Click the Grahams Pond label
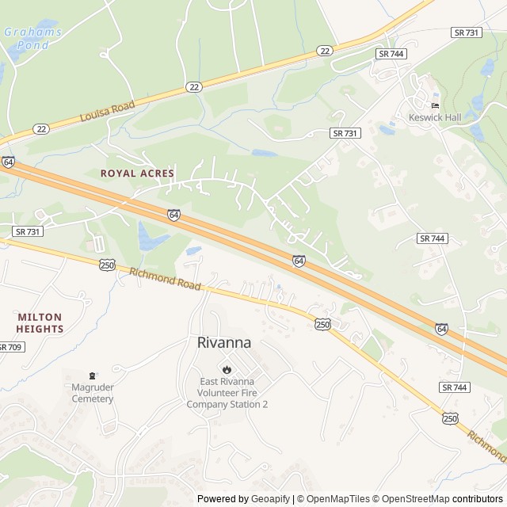point(32,38)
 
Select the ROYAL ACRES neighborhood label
point(137,173)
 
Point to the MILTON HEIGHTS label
point(40,322)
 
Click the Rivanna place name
point(223,343)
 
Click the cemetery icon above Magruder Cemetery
point(93,375)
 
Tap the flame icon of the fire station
point(227,368)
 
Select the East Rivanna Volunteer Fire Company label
point(227,392)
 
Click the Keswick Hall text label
point(434,117)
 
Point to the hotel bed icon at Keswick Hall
point(434,105)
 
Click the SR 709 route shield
point(10,347)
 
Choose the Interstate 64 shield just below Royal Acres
point(173,214)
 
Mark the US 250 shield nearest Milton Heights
point(108,265)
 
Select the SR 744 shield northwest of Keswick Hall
point(391,52)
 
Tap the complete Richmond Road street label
point(164,279)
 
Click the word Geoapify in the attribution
point(270,499)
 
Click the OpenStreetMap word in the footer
point(414,499)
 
